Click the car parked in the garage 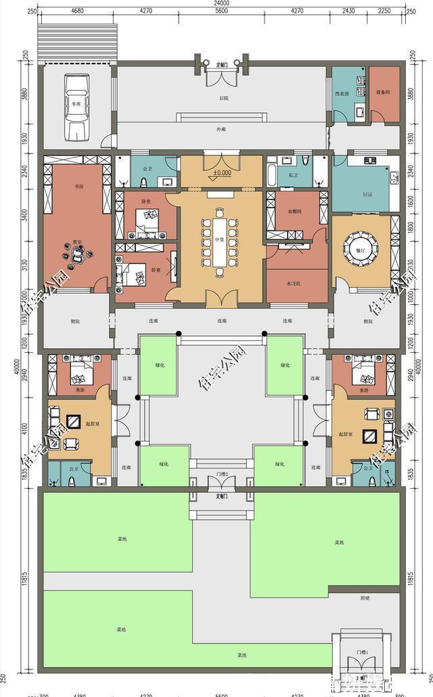click(76, 105)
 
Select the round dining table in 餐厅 click(361, 244)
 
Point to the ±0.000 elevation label click(221, 172)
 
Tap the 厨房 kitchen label click(367, 195)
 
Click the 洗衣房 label click(342, 92)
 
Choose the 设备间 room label click(382, 92)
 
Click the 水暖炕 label click(293, 283)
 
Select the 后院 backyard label click(223, 99)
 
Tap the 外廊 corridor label click(221, 128)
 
